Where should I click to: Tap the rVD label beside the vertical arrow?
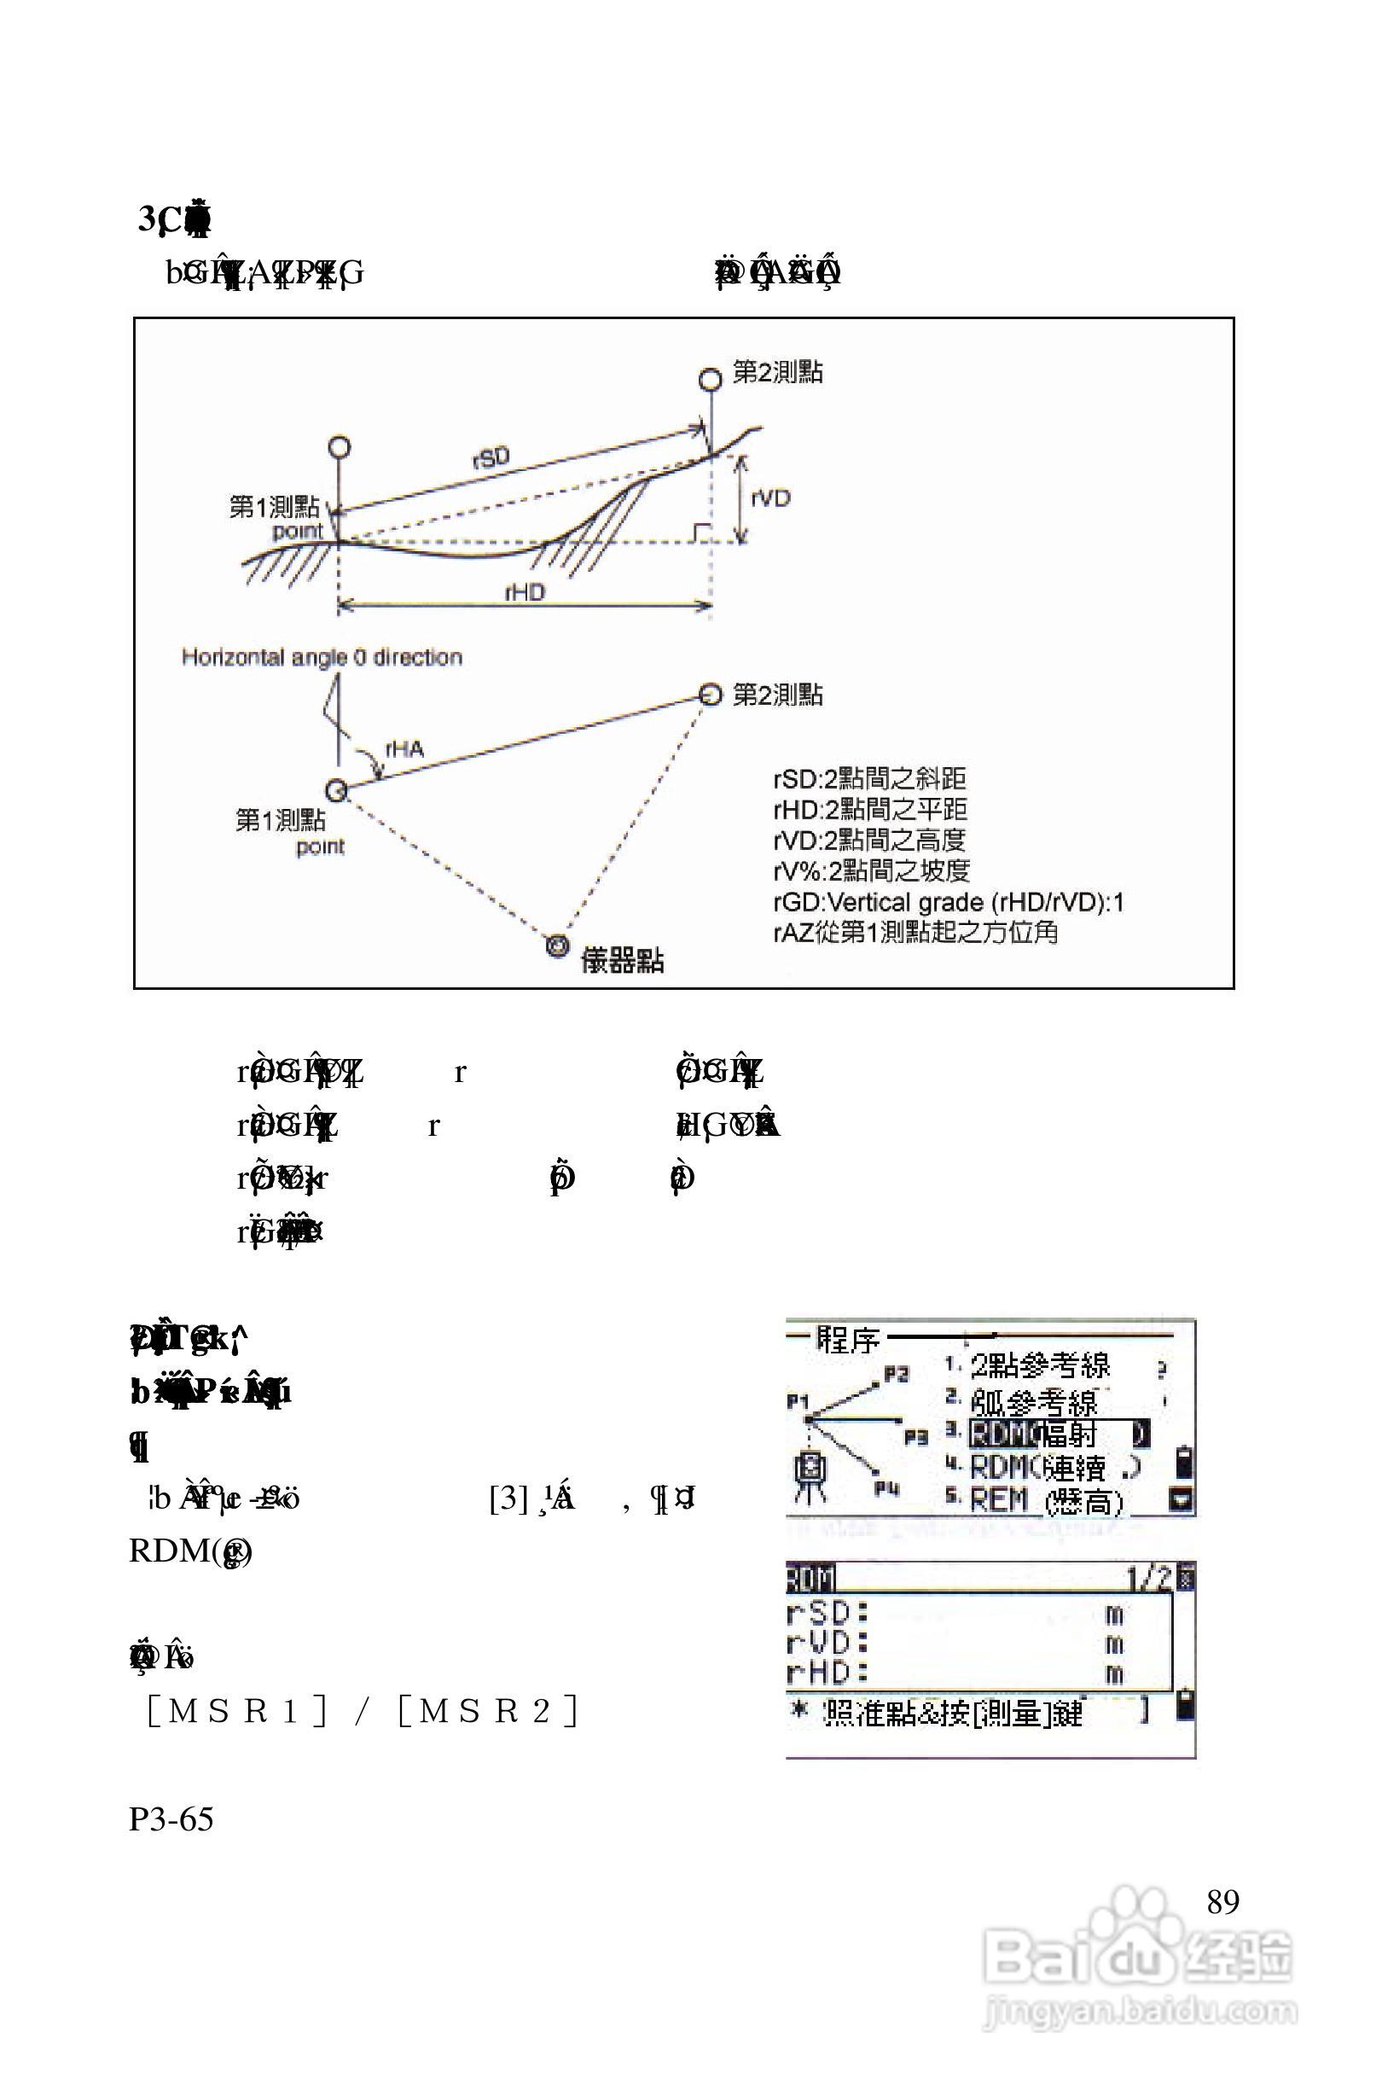coord(770,499)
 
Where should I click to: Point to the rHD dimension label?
coord(525,592)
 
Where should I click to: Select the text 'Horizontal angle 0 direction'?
coord(322,657)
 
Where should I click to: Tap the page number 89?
coord(1222,1901)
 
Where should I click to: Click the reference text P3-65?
coord(171,1818)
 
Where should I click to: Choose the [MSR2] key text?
coord(488,1711)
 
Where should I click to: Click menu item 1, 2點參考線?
coord(1040,1366)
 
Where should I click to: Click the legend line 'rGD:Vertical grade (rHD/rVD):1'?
coord(949,902)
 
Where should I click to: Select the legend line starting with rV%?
coord(871,871)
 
